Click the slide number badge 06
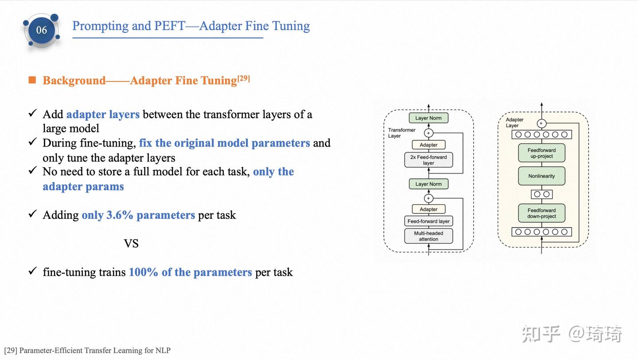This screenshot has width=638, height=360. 41,30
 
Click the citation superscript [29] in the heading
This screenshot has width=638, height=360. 244,78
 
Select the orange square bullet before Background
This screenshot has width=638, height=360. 32,80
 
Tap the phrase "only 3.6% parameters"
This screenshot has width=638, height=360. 138,215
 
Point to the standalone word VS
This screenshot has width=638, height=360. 131,244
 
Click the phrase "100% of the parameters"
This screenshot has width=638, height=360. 190,272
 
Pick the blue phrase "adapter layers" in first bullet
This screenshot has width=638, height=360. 103,115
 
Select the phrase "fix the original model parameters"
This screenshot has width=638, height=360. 224,143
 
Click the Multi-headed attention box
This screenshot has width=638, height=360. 428,236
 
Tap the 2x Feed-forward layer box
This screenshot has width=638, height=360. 428,160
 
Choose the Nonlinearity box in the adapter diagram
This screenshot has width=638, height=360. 541,176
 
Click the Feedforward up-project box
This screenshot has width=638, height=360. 541,153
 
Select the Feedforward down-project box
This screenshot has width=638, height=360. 541,213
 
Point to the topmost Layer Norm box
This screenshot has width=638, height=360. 428,118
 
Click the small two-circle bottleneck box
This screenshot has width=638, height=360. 541,194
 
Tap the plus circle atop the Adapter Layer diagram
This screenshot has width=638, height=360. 541,124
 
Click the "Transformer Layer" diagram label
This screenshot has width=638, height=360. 401,133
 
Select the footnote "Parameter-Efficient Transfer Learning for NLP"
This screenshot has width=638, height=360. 95,351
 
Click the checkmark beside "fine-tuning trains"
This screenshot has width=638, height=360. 32,271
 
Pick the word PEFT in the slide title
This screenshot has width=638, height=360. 170,26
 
